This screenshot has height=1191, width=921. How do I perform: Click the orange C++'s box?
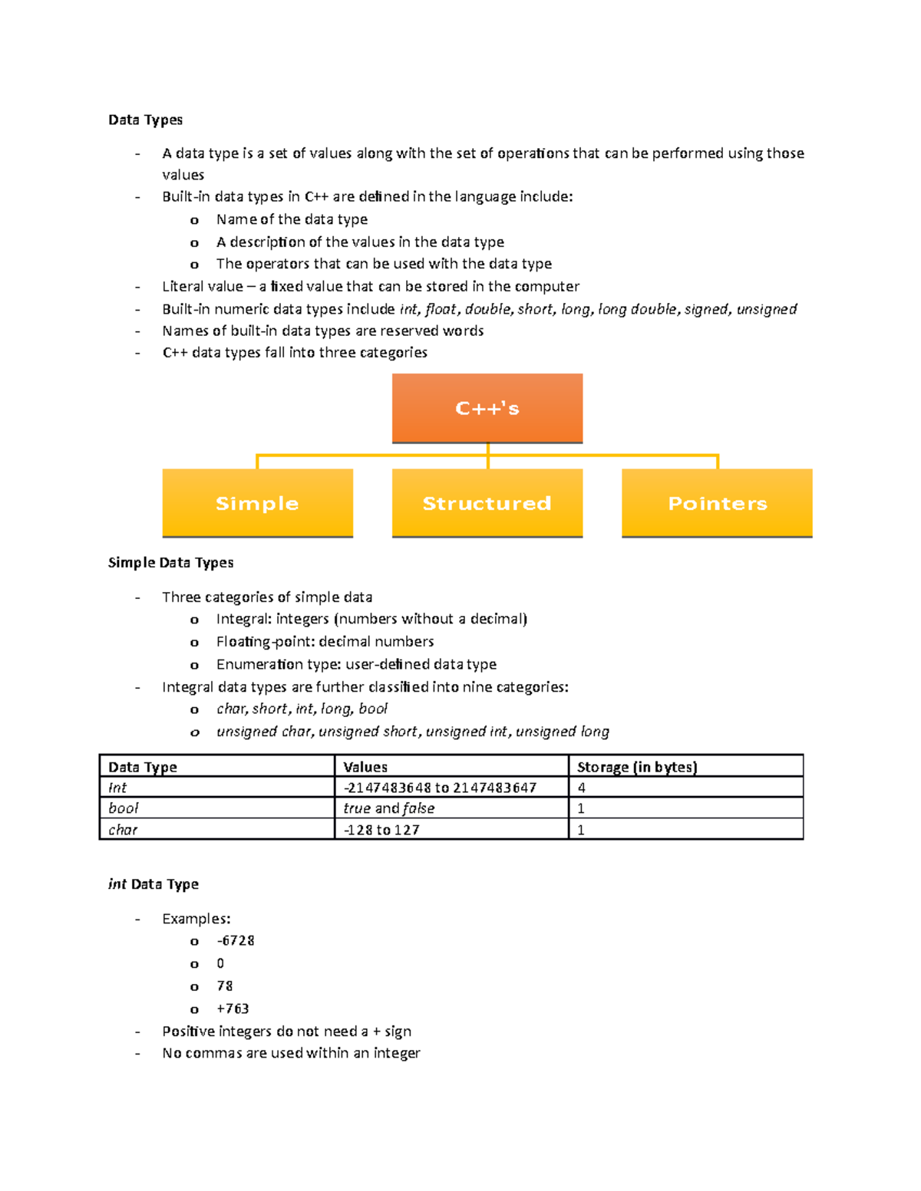point(487,408)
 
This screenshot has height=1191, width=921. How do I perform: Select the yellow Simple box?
point(257,503)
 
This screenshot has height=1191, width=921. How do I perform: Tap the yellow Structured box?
point(487,503)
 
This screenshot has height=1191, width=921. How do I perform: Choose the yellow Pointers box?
point(717,503)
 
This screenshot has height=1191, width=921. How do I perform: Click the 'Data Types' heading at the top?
point(145,120)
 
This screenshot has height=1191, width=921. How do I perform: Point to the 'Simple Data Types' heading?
point(170,562)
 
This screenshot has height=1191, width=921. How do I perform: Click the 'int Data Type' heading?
point(153,884)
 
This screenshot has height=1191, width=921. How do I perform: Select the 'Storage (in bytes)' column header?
point(637,767)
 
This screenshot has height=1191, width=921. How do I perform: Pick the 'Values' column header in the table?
point(365,767)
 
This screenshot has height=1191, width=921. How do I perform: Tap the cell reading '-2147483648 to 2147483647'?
point(440,788)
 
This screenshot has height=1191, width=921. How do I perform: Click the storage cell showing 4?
point(582,788)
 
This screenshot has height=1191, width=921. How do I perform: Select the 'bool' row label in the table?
point(124,808)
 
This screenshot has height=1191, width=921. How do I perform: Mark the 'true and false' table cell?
point(389,808)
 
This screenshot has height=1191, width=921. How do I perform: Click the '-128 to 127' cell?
point(381,830)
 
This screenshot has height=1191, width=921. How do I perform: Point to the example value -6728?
point(236,941)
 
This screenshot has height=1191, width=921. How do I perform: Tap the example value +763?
point(233,1008)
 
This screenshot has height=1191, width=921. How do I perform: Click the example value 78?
point(225,986)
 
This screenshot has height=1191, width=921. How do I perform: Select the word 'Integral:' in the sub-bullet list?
point(244,619)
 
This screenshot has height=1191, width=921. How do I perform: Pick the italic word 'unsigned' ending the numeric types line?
point(767,309)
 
